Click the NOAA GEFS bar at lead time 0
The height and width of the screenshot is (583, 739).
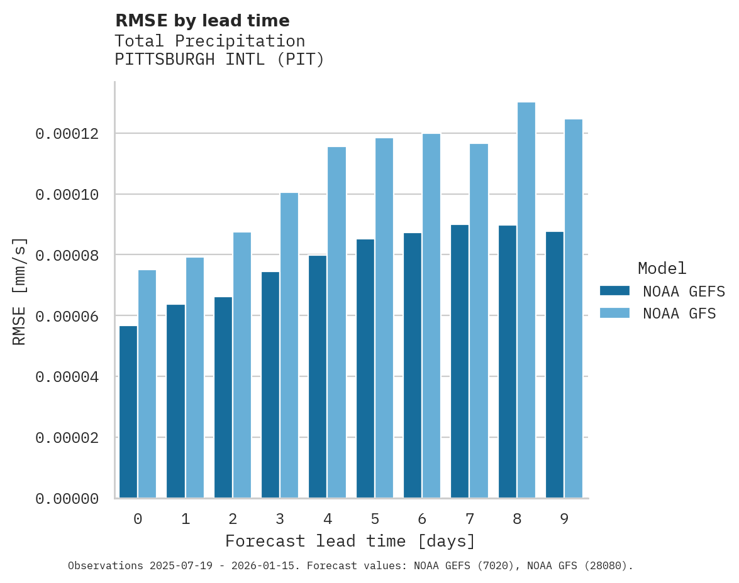[x=128, y=411]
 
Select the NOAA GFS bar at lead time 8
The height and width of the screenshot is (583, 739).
[x=526, y=300]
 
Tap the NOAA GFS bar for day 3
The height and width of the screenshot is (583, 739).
[x=289, y=345]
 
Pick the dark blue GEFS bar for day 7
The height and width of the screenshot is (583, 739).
[x=460, y=361]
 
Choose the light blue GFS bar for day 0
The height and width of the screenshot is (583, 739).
[x=147, y=384]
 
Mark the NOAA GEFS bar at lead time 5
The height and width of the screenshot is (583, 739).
[x=365, y=368]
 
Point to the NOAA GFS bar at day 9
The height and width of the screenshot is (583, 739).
[x=574, y=308]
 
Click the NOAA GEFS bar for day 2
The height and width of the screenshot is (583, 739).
[x=223, y=397]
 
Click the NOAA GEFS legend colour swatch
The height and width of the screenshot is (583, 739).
[x=614, y=290]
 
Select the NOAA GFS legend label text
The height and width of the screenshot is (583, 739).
[x=679, y=313]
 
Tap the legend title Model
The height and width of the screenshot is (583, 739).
[x=662, y=268]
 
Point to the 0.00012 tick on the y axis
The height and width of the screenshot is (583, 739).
[x=67, y=134]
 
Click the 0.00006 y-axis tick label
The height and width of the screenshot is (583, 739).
[x=67, y=316]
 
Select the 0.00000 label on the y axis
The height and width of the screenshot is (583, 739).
[x=67, y=498]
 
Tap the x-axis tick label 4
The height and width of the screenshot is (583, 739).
[x=328, y=519]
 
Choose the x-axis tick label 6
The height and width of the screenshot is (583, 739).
[x=422, y=519]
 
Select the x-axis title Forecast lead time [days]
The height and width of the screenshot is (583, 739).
[x=350, y=541]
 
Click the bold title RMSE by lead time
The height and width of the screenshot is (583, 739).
[x=202, y=21]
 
